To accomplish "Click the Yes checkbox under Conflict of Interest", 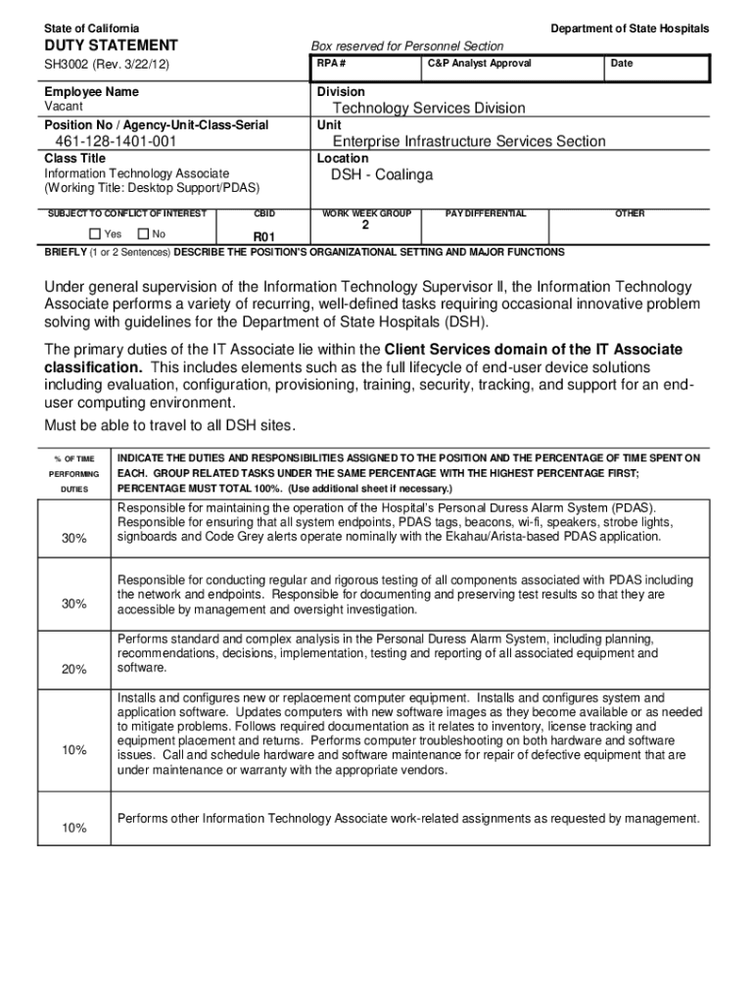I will [x=95, y=234].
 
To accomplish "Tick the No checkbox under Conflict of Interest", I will [x=144, y=234].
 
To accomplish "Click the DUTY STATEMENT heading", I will [x=110, y=45].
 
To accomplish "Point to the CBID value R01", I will [x=264, y=237].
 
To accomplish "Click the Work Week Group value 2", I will [x=365, y=224].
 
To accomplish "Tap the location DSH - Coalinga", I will [x=381, y=175].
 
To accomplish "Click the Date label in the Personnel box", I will [x=621, y=64].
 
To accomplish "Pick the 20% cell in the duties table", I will [x=74, y=669].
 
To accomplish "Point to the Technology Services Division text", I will [x=428, y=108].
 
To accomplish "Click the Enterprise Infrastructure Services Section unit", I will [x=469, y=141].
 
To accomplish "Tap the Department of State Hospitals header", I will [x=630, y=28].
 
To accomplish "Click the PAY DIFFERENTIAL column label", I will [x=486, y=213].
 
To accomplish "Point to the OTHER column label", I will [x=630, y=213].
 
